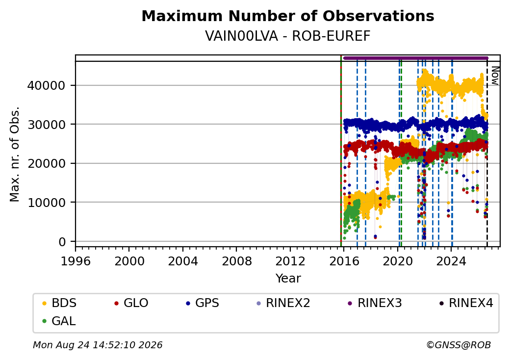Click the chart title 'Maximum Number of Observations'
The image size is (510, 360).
pos(288,16)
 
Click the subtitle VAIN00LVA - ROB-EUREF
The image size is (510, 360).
pos(288,36)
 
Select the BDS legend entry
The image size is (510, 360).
pos(59,303)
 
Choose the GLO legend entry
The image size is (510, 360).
pos(131,303)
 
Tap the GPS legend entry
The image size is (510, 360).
pos(203,303)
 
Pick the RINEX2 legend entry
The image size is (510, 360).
pos(283,303)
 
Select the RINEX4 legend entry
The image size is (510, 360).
pos(466,303)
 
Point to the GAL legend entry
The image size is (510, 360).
pos(59,321)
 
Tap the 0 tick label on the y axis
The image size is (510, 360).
pos(62,242)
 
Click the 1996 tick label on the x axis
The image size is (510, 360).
pos(76,261)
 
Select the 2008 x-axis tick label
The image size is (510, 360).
pos(236,261)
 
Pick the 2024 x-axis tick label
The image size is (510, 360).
pos(451,261)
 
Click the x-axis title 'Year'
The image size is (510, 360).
pos(288,279)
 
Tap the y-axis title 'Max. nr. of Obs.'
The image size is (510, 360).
pos(15,154)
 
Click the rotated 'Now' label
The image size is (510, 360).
pos(495,76)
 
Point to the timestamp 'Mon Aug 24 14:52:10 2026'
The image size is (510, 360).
pos(98,345)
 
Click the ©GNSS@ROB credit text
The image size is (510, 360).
pos(459,345)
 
